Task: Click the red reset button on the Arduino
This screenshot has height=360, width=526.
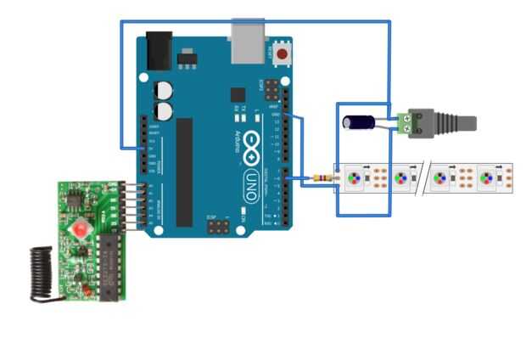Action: click(281, 55)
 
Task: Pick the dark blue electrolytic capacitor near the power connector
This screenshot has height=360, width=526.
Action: click(361, 122)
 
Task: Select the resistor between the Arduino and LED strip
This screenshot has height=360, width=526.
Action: click(322, 178)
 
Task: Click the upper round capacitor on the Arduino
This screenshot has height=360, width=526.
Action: click(162, 91)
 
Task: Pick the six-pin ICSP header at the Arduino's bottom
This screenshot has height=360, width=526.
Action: click(218, 226)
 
